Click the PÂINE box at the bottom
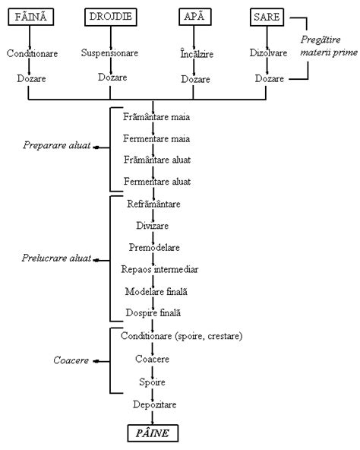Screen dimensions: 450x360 [x=153, y=433]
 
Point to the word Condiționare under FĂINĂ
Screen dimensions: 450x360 [x=29, y=54]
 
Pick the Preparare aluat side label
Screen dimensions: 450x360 [x=58, y=151]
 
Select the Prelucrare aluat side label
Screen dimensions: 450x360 [x=56, y=258]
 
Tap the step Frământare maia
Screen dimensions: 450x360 [x=156, y=119]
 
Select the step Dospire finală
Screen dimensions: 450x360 [x=154, y=312]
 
